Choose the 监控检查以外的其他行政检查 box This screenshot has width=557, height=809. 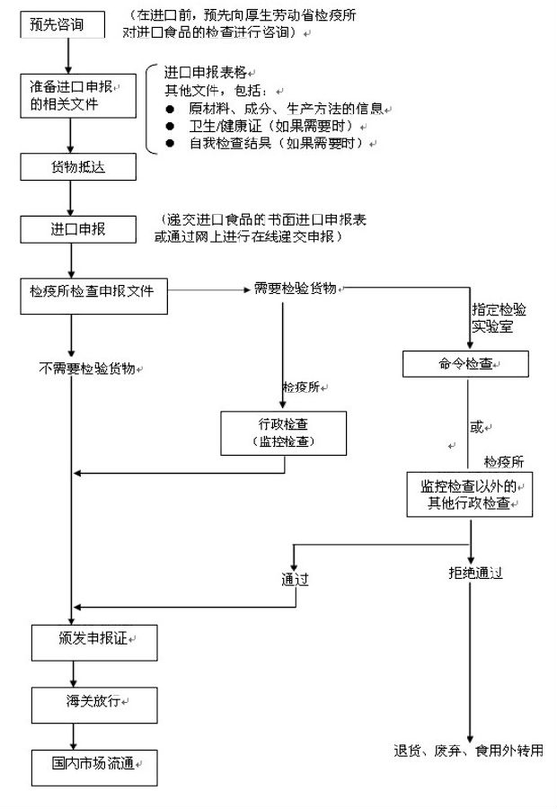coord(470,495)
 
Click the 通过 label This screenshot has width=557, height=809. coord(295,580)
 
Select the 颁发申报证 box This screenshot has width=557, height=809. coord(95,639)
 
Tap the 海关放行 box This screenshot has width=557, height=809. coord(95,700)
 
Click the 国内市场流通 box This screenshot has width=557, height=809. coord(95,764)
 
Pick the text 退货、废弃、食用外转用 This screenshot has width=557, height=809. coord(468,751)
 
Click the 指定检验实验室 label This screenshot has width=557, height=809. coord(499,318)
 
